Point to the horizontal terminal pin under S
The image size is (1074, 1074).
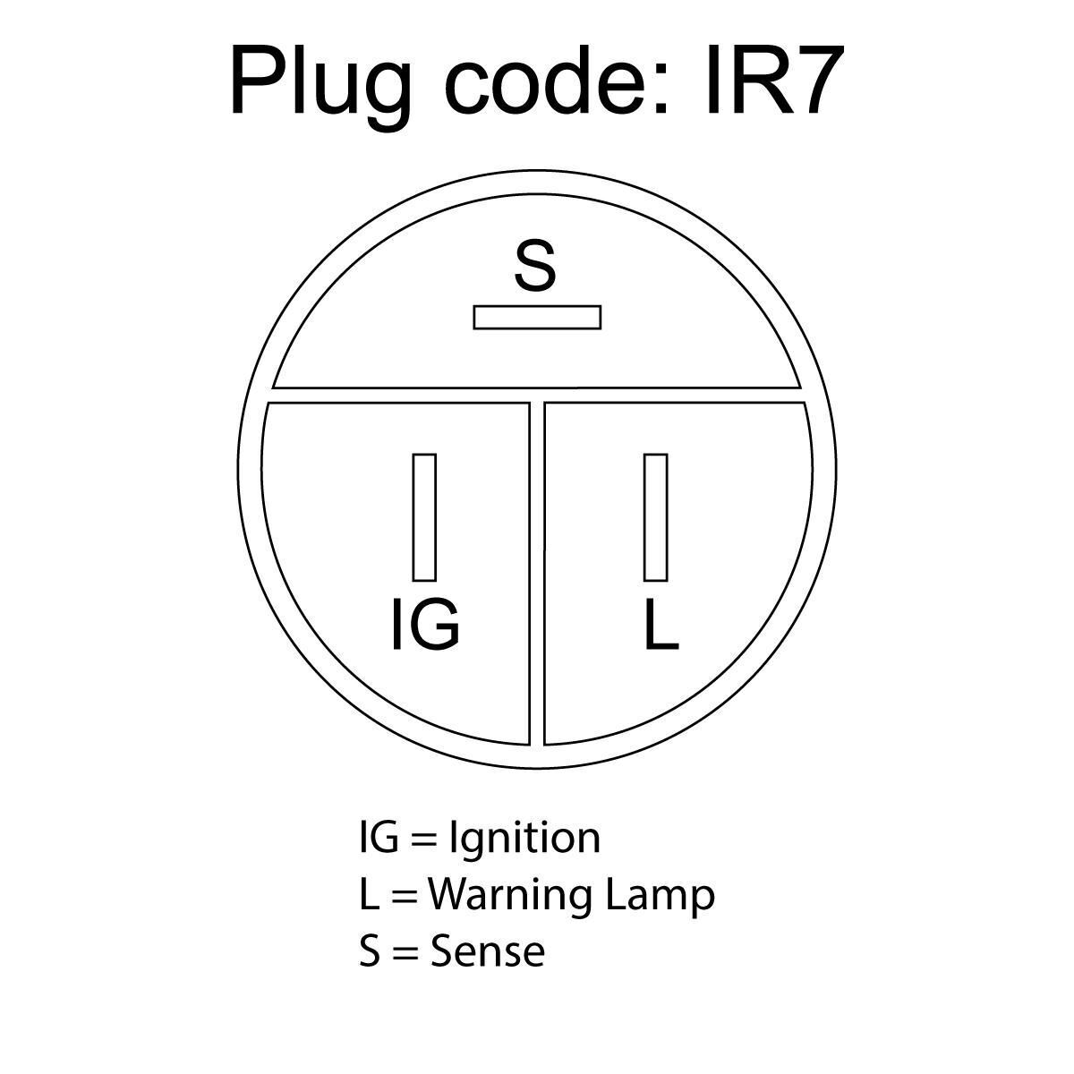[537, 317]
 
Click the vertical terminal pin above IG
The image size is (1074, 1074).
[424, 517]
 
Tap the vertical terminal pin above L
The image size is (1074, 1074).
[655, 517]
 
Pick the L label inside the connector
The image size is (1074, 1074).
[661, 624]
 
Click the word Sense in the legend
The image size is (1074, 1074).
[487, 950]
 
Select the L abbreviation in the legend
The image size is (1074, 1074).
[368, 894]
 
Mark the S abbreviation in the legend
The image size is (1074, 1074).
[370, 950]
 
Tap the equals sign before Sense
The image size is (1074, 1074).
[405, 952]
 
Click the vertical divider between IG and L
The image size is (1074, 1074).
[536, 573]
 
